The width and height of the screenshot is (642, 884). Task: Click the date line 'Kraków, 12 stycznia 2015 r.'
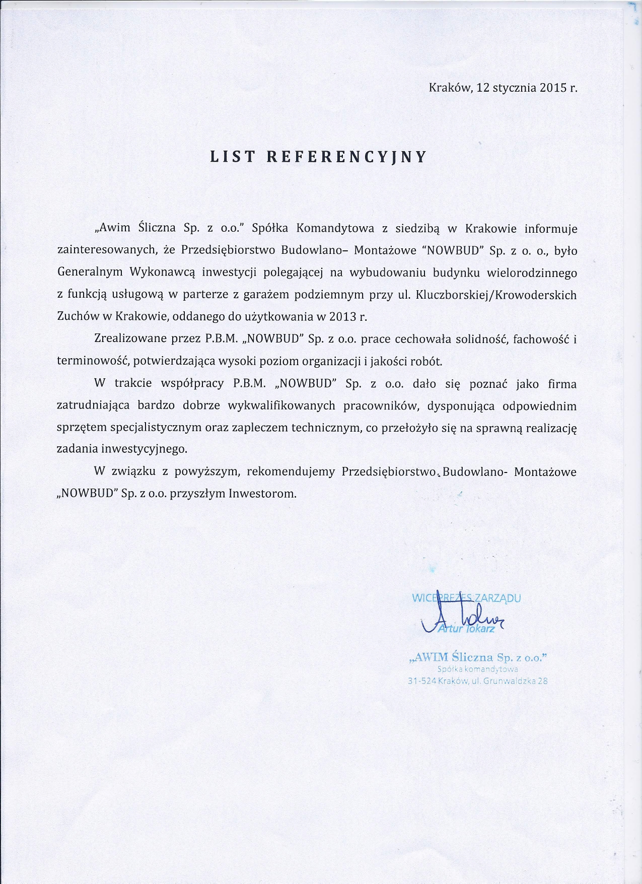[x=503, y=87]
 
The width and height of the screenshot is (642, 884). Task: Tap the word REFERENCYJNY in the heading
[x=346, y=157]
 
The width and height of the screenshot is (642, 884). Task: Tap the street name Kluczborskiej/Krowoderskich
[x=496, y=295]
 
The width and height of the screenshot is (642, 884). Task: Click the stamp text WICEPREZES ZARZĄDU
[x=466, y=598]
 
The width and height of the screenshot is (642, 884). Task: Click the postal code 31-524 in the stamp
[x=422, y=682]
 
